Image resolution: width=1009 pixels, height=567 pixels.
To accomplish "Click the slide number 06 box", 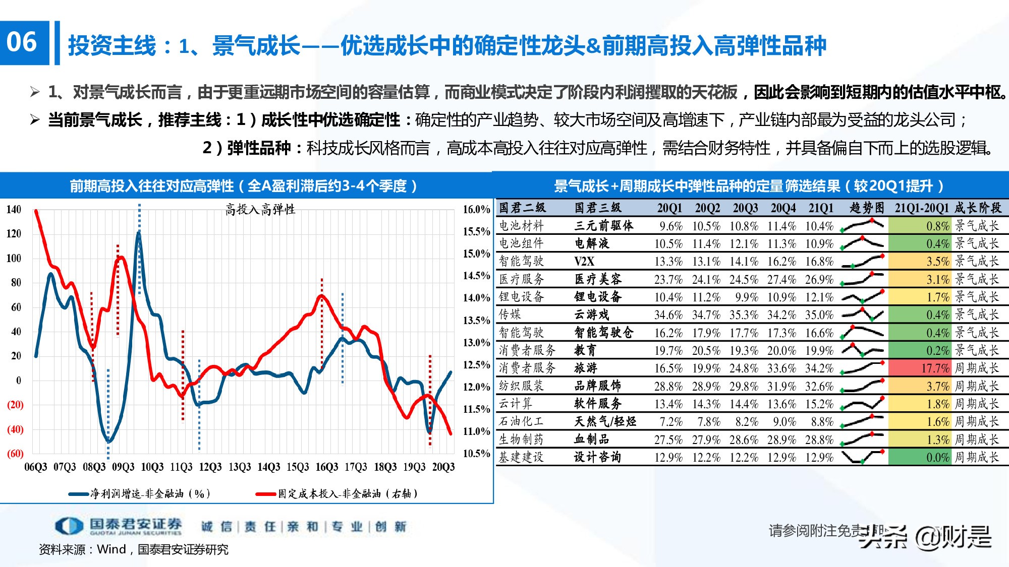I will pos(24,42).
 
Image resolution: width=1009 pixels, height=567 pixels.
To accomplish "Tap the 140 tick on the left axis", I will pos(14,210).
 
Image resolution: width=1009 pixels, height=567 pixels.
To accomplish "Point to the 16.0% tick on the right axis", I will pos(476,210).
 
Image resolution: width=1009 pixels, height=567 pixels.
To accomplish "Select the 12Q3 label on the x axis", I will pos(210,467).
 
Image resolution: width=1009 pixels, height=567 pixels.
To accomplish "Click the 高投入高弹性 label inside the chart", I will pos(260,210).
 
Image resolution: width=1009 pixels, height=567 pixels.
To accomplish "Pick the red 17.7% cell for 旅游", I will pos(918,368).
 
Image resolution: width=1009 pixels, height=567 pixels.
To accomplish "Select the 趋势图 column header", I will pos(866,208).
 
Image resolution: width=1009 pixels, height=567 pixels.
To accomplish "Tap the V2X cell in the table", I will pos(584,262).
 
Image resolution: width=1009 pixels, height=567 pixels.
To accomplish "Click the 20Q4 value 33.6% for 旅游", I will pos(781,368).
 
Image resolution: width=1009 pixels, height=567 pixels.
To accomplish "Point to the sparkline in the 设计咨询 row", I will pos(862,457).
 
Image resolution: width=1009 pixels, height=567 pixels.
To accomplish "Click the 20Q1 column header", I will pos(669,208).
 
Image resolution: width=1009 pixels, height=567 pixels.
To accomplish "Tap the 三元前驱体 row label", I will pos(603,226).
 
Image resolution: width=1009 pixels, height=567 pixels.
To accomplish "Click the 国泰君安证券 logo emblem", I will pos(69,526).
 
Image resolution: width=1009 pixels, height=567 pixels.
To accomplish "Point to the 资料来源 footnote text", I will pos(133,549).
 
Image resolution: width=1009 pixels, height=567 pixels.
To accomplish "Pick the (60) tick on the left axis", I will pos(15,454).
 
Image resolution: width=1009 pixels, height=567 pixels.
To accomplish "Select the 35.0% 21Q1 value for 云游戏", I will pos(819,315).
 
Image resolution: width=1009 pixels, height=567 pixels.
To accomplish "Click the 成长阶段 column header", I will pos(977,208).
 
